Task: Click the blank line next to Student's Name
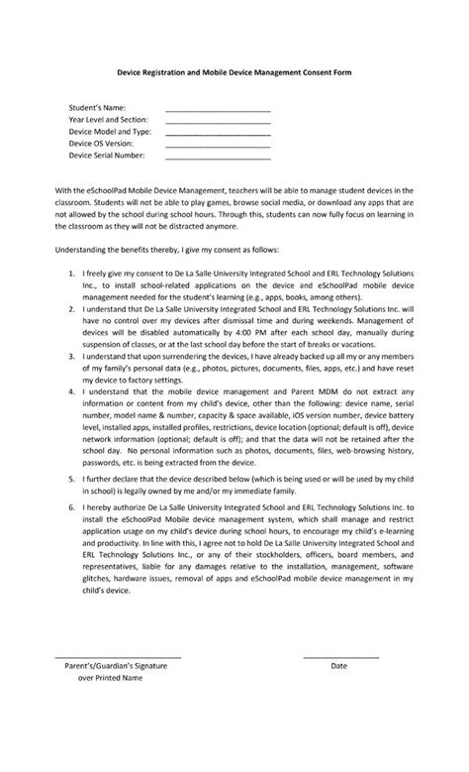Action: pyautogui.click(x=218, y=109)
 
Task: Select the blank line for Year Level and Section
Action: pyautogui.click(x=218, y=121)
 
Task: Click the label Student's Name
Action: pyautogui.click(x=97, y=106)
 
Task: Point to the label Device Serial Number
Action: pyautogui.click(x=107, y=155)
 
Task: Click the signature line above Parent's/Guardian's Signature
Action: pyautogui.click(x=117, y=656)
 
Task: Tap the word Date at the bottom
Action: pyautogui.click(x=338, y=666)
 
